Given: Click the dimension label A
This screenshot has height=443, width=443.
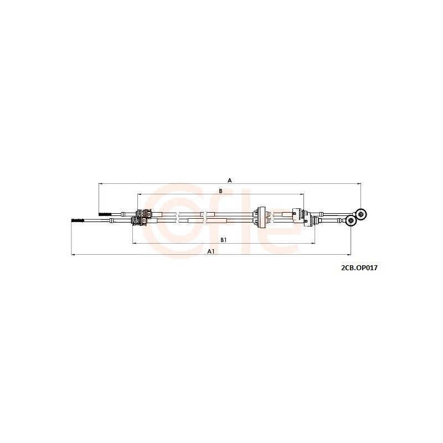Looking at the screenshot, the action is click(230, 181).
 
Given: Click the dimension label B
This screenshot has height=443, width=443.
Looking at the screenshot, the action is click(220, 191).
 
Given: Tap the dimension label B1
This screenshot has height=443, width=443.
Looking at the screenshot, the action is click(224, 240).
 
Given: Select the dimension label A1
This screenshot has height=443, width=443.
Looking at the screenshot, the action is click(212, 251).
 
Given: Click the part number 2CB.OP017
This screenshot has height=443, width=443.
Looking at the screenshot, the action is click(359, 268).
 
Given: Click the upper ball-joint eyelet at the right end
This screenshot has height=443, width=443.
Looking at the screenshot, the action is click(361, 214).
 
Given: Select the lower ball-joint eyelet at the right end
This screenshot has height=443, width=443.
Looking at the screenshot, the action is click(351, 220).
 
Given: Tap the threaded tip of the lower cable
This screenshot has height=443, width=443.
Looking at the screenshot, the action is click(78, 220).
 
